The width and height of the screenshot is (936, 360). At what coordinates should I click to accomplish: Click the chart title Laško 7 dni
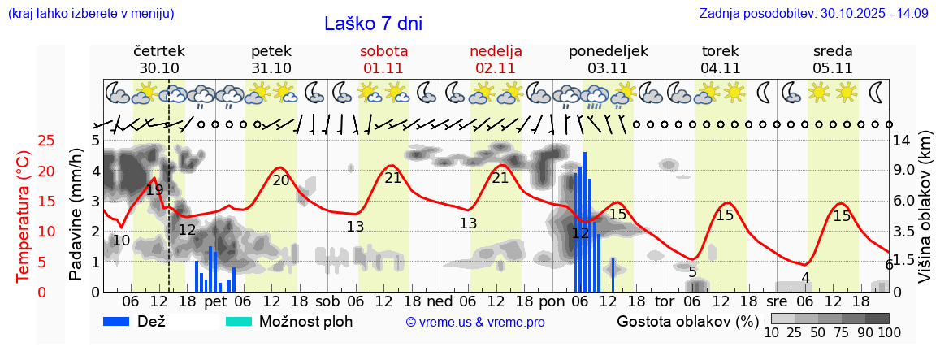(373, 24)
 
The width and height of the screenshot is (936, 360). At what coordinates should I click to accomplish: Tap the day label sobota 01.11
(383, 59)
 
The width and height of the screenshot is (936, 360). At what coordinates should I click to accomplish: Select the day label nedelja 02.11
(496, 59)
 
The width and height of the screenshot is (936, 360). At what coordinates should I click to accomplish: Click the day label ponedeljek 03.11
(608, 59)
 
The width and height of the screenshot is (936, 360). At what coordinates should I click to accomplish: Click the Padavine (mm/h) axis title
(76, 215)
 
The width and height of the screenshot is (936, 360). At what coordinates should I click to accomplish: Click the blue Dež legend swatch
(122, 322)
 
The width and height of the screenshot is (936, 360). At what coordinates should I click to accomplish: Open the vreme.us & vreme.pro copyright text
(475, 323)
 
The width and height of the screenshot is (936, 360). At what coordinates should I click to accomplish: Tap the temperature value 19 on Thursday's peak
(154, 190)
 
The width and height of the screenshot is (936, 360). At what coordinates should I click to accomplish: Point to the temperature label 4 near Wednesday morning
(805, 278)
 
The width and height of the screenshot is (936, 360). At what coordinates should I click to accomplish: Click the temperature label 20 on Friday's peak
(280, 180)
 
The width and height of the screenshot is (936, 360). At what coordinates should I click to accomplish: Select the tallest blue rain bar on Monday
(584, 221)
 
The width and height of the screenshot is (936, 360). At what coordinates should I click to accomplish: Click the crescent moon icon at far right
(875, 92)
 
